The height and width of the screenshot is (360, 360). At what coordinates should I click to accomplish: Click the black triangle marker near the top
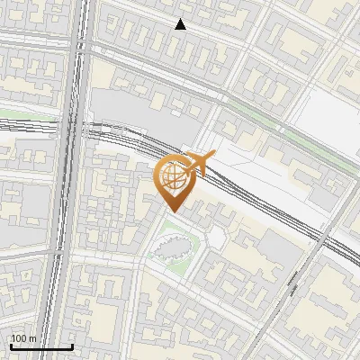pyautogui.click(x=181, y=24)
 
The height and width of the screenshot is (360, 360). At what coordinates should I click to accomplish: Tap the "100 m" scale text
pyautogui.click(x=23, y=338)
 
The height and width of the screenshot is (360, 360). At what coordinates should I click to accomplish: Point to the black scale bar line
pyautogui.click(x=41, y=346)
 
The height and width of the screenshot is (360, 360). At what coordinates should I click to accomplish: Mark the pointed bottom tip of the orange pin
pyautogui.click(x=173, y=212)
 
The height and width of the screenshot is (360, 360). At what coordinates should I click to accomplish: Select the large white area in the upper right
pyautogui.click(x=328, y=117)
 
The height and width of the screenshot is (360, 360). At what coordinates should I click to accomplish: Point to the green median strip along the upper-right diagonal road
pyautogui.click(x=270, y=126)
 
